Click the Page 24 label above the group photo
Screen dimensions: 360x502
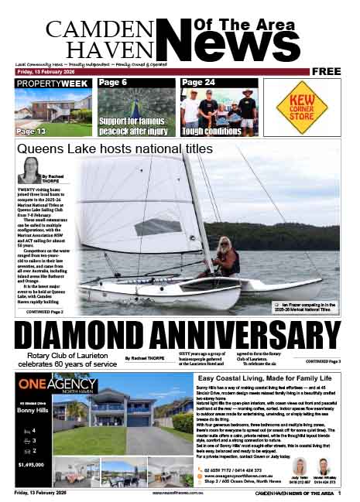pos(198,83)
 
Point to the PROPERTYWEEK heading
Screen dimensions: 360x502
pos(52,83)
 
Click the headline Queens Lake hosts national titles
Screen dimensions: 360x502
pos(114,148)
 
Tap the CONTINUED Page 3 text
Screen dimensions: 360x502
pos(323,361)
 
